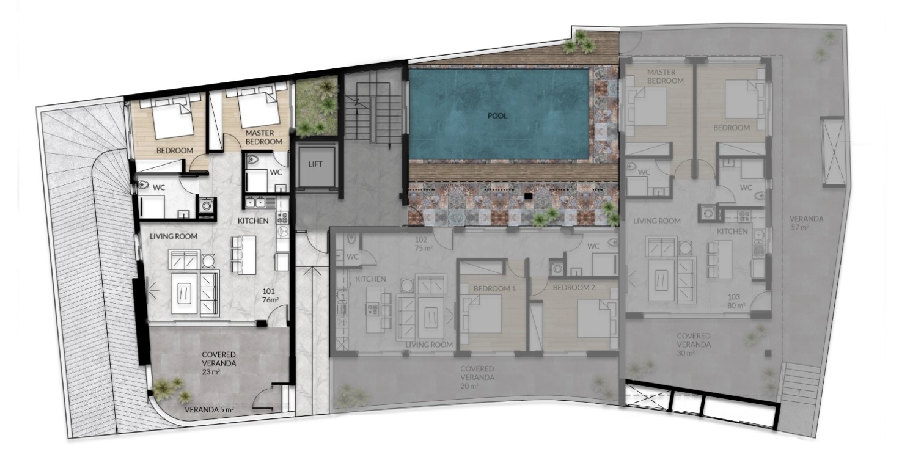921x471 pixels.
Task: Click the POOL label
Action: tap(497, 116)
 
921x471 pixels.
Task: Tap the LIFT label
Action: tap(315, 164)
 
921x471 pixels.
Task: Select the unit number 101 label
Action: tap(268, 291)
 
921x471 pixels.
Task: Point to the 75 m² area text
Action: tap(424, 248)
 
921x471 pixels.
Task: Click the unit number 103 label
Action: tap(733, 297)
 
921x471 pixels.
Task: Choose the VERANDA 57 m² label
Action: tap(806, 222)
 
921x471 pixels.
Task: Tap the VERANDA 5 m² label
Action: tap(209, 410)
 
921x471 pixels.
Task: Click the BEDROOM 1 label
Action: tap(494, 288)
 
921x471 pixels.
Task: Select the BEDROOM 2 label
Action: tap(574, 287)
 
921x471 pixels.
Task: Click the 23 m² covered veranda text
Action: tap(211, 372)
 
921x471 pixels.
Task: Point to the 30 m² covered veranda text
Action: tap(686, 352)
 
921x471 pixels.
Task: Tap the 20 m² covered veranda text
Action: tap(470, 386)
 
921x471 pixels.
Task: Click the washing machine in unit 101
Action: tap(207, 205)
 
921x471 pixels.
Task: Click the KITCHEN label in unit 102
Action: tap(370, 279)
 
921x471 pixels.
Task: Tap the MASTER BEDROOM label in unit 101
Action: tap(263, 137)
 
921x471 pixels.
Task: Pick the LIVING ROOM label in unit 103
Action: tap(656, 221)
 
